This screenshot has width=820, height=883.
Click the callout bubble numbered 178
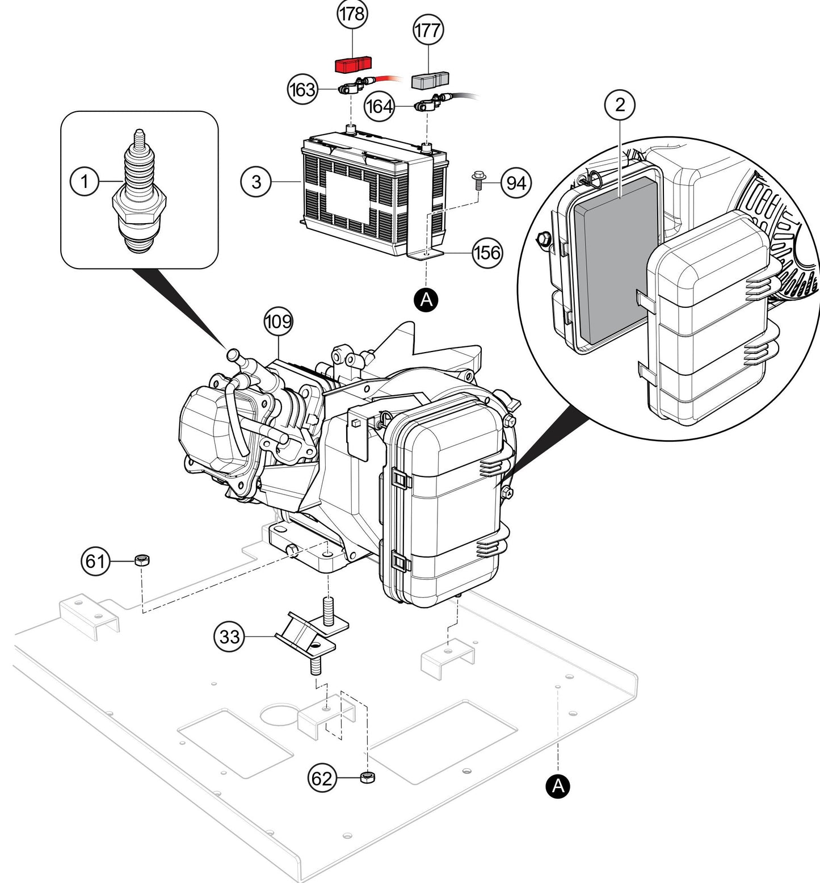pos(352,14)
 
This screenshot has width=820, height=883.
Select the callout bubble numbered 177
pos(427,30)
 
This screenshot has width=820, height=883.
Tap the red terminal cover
pos(352,64)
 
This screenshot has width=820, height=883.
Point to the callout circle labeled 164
pos(379,106)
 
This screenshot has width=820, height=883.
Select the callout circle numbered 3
pos(256,182)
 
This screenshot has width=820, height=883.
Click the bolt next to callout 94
pos(478,182)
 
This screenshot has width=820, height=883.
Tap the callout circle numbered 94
pos(516,183)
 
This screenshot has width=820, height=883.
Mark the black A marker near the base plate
pos(558,786)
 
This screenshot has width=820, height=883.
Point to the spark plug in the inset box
pos(139,193)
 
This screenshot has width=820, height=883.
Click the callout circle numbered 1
pos(85,182)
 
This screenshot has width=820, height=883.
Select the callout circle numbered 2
pos(620,104)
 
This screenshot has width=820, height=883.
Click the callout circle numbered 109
pos(279,322)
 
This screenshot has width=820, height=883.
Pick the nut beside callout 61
pos(142,561)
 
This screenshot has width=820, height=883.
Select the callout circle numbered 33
pos(229,637)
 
